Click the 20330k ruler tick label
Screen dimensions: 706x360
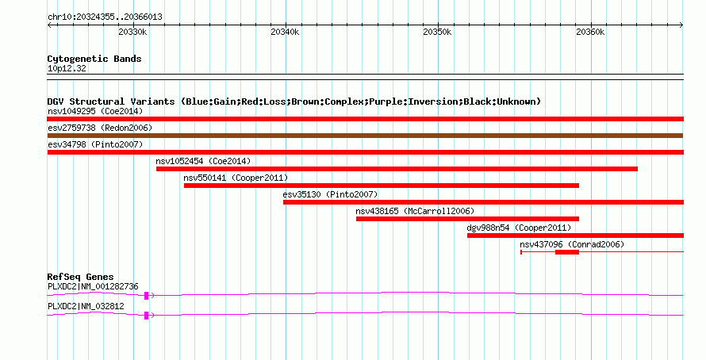[132, 32]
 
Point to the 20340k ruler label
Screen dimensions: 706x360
[285, 32]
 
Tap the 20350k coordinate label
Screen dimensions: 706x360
[437, 32]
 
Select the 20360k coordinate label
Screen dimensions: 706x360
[590, 32]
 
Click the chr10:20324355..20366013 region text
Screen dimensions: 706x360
[105, 17]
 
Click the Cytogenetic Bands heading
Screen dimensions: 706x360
[94, 59]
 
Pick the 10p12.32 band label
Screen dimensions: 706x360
[67, 69]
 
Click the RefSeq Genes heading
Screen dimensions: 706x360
[80, 277]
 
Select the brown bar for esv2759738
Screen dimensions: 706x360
[365, 136]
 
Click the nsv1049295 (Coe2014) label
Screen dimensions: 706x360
[95, 111]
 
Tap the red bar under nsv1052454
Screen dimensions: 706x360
[397, 169]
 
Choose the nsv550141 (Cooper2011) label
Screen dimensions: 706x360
[236, 178]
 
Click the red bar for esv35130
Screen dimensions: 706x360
[483, 202]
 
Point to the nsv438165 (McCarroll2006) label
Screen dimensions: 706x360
[415, 211]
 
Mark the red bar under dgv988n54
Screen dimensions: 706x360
[575, 236]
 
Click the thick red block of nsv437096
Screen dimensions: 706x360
[567, 252]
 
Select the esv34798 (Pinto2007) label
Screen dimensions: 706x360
[95, 144]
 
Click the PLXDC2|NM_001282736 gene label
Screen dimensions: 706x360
[93, 286]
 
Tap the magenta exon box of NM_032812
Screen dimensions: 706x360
[146, 316]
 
